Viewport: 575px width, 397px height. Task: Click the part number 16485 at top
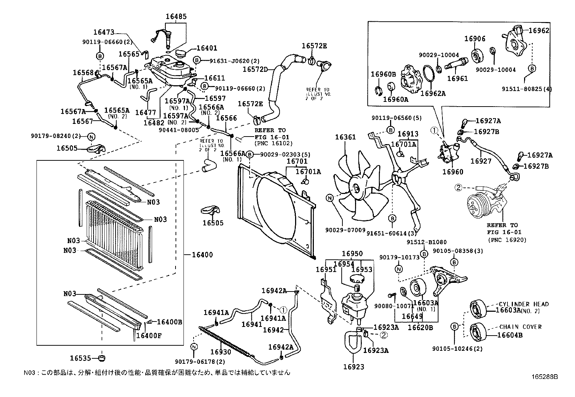(176, 16)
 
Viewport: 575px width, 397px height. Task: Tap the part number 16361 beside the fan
(345, 137)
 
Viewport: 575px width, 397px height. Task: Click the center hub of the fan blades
(355, 188)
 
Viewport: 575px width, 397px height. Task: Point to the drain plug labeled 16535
(102, 358)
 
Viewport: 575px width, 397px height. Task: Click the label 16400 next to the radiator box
(202, 255)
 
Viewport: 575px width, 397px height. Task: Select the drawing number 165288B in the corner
(544, 376)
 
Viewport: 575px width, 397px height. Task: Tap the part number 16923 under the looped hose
(354, 367)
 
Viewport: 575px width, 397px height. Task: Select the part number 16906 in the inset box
(475, 39)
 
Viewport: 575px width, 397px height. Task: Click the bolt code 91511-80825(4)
(527, 89)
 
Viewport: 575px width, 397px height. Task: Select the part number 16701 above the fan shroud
(297, 161)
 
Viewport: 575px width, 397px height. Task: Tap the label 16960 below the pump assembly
(453, 172)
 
